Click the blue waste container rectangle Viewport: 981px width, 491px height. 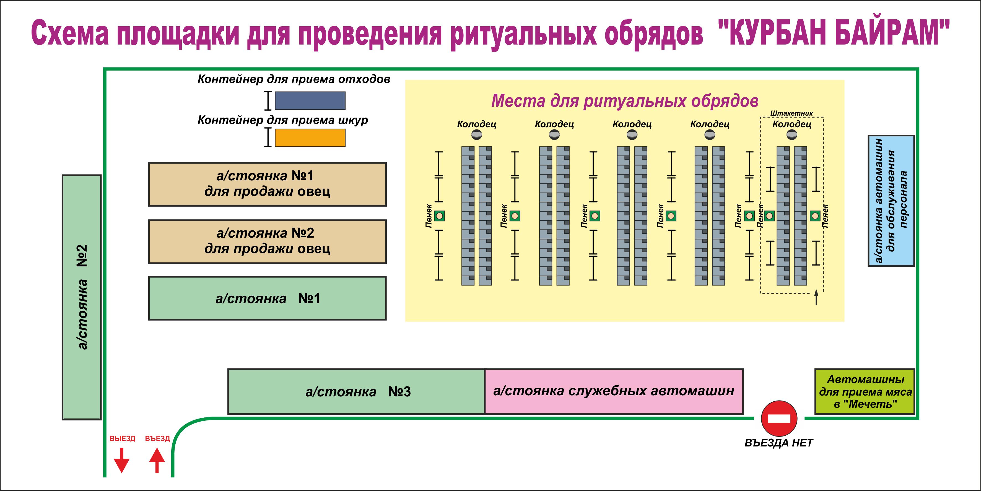click(x=310, y=101)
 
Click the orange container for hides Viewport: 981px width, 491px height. click(x=310, y=137)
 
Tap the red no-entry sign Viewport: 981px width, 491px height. click(x=779, y=418)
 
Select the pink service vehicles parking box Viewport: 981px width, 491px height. click(x=614, y=391)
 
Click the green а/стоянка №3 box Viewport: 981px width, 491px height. click(x=356, y=391)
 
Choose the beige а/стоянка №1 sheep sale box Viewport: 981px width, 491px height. click(x=267, y=184)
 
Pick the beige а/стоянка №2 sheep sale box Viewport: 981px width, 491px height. click(x=267, y=241)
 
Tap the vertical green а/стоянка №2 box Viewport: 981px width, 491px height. click(x=82, y=297)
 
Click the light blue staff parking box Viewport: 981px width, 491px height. click(x=891, y=201)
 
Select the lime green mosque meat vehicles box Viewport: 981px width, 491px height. click(x=865, y=391)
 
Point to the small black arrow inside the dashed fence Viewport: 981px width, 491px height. click(x=816, y=297)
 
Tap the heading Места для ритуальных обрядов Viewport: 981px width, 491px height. click(x=625, y=101)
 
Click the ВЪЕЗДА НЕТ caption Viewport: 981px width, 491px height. click(x=779, y=443)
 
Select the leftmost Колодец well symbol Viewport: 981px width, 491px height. click(x=476, y=134)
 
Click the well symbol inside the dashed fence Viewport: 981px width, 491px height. click(x=792, y=134)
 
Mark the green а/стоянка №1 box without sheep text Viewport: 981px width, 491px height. click(x=267, y=298)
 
